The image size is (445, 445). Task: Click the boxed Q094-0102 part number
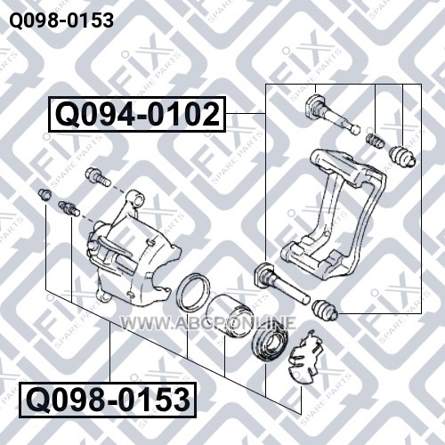tap(137, 114)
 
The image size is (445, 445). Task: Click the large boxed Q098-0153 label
tap(108, 400)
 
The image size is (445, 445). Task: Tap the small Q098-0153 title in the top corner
tap(61, 20)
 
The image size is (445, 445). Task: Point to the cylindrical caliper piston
tap(229, 315)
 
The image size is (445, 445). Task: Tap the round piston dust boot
tap(270, 344)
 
